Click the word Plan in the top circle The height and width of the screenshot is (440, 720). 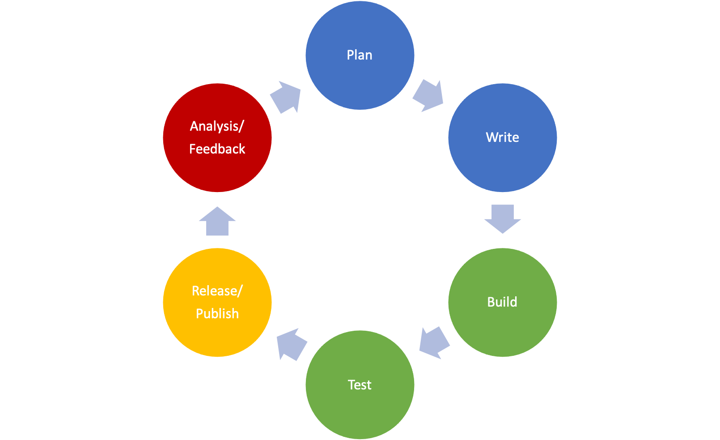359,55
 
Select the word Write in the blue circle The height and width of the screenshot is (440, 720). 502,137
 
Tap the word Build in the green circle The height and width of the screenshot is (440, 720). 502,302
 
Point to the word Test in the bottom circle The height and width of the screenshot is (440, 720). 359,385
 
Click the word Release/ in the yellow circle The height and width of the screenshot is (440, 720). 217,291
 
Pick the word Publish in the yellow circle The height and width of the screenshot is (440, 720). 217,314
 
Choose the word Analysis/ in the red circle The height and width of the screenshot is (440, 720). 217,126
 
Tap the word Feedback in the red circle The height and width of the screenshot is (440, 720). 217,149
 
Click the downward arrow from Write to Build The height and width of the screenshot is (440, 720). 502,218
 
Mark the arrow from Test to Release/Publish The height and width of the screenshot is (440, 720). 291,345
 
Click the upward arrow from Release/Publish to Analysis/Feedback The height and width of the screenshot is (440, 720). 217,222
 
